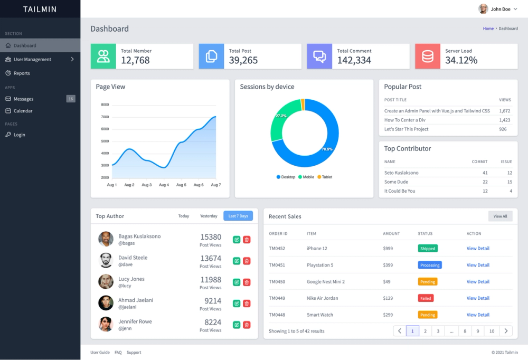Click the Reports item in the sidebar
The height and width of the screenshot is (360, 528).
point(22,73)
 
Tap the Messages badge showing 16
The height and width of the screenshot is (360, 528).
point(71,99)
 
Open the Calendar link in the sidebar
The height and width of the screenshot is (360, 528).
point(23,111)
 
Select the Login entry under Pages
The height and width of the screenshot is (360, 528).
point(19,135)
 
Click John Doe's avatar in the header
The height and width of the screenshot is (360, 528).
point(483,9)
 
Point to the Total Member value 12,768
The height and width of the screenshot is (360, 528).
point(135,60)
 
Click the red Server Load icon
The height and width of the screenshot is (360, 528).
point(428,56)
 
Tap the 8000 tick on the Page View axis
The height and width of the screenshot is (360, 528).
point(105,105)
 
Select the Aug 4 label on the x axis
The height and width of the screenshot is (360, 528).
point(164,185)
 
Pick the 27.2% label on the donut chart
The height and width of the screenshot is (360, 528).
point(281,116)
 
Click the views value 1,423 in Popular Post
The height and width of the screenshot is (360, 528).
point(504,120)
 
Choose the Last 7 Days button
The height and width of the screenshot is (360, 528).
point(238,216)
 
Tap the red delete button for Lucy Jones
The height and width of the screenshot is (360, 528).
point(247,282)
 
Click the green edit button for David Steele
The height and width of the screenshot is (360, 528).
point(237,261)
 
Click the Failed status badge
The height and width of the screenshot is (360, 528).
point(426,298)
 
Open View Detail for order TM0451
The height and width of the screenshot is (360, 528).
point(478,265)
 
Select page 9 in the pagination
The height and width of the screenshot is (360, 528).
point(477,331)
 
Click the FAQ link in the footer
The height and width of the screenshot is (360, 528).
point(118,352)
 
